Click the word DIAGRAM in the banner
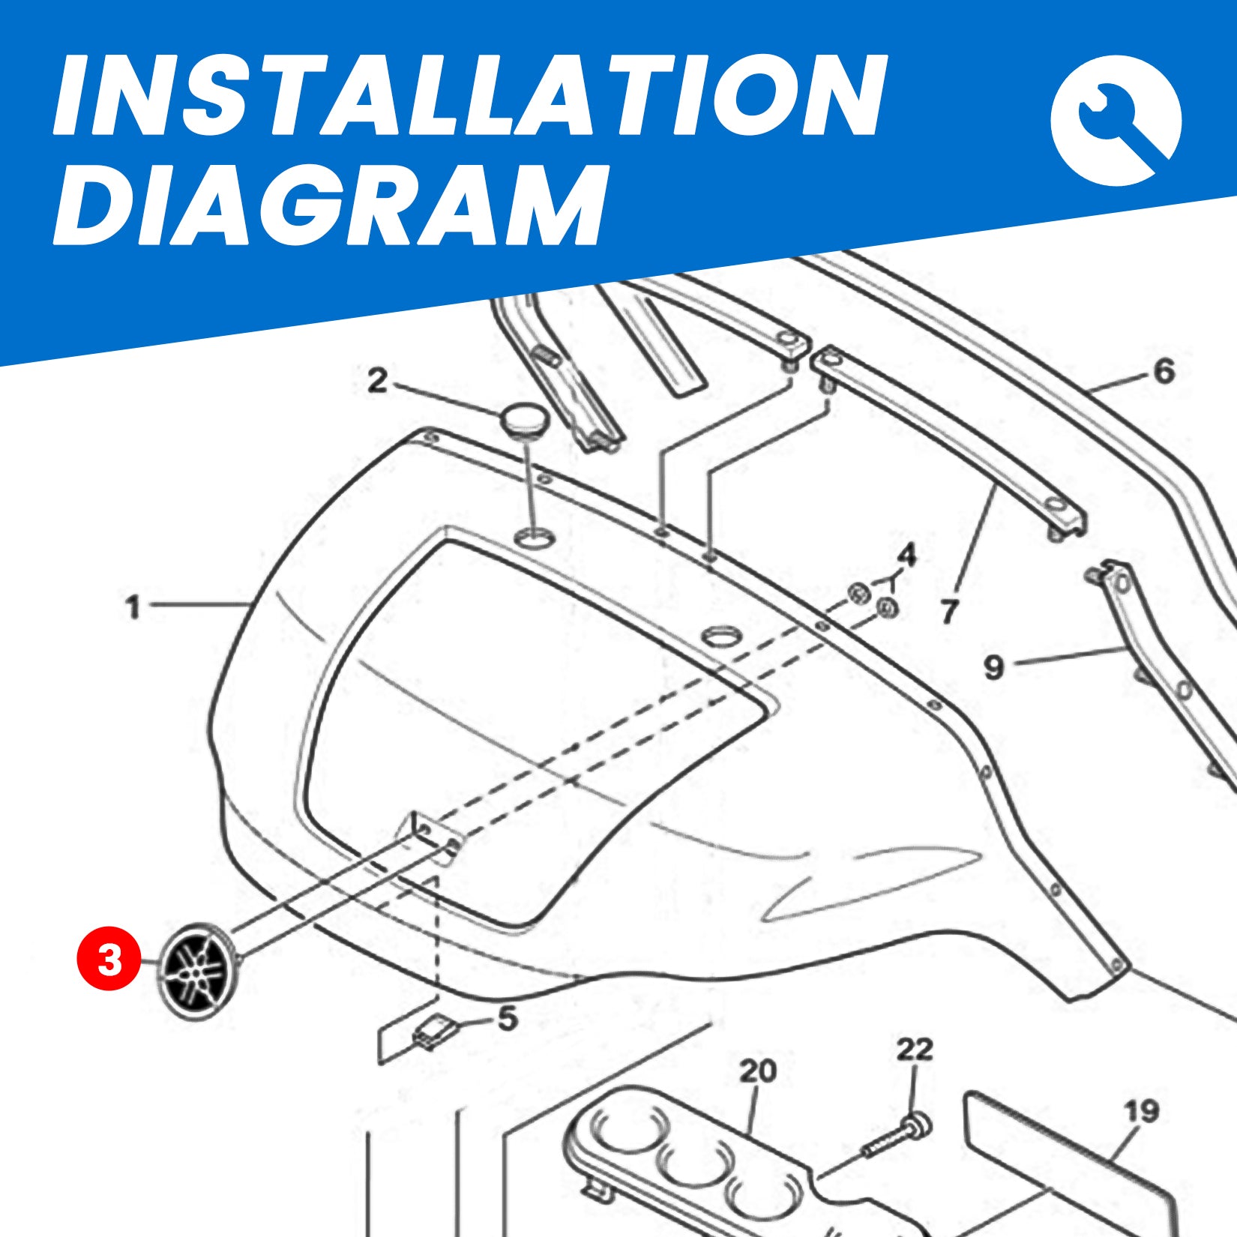coord(330,204)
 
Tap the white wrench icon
coord(1116,121)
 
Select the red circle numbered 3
coord(109,960)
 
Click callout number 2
coord(377,382)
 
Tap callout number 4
coord(907,556)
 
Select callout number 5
coord(508,1019)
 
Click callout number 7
coord(950,612)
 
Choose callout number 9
coord(993,666)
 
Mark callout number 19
coord(1141,1111)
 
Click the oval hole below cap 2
coord(534,537)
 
